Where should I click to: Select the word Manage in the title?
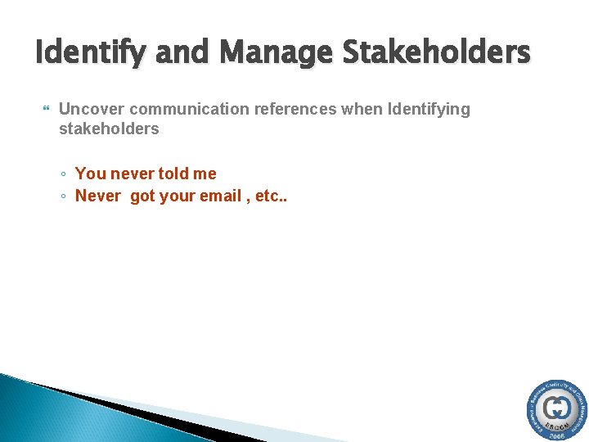276,54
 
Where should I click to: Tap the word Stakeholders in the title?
437,54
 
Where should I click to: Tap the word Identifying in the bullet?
427,110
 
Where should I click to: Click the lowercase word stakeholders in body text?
109,129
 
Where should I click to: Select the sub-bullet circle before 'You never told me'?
64,174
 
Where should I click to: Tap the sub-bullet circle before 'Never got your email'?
64,196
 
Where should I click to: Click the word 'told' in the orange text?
171,174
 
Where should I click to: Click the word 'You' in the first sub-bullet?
90,174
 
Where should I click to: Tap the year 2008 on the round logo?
558,435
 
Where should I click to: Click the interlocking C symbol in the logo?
558,408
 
